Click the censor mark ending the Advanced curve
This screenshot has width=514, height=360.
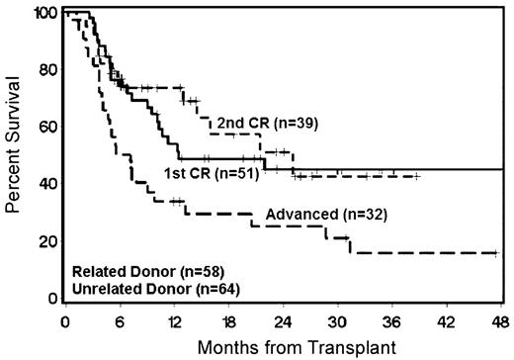[x=496, y=253]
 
